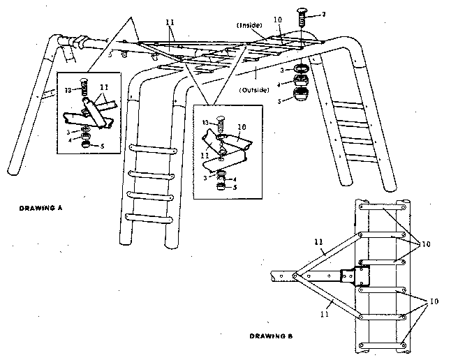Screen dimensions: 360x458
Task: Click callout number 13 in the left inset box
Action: coord(67,90)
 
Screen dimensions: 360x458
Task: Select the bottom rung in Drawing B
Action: coord(383,343)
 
